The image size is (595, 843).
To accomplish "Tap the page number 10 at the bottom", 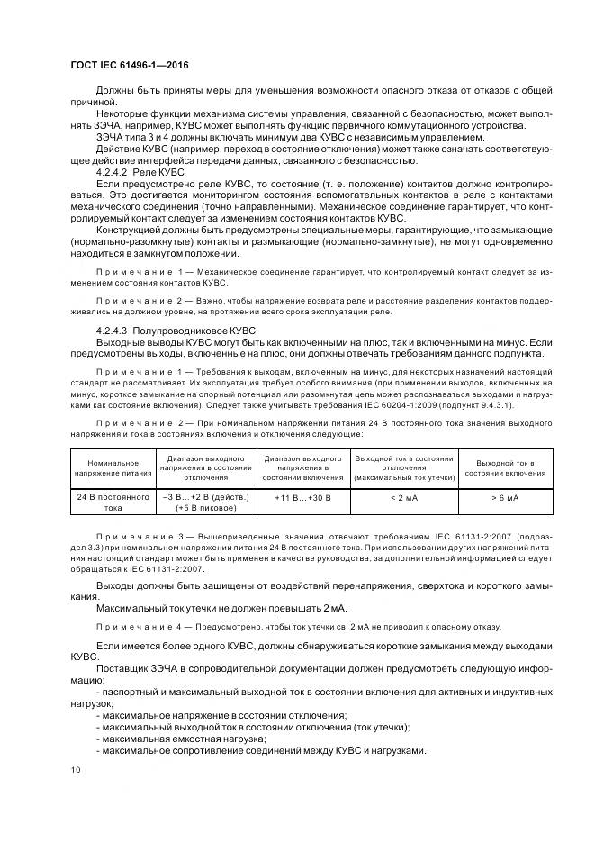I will coord(75,770).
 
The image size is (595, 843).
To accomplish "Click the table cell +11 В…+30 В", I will coord(302,496).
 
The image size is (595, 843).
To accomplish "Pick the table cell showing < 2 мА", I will coord(403,496).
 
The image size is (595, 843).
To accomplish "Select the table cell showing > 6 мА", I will coord(504,496).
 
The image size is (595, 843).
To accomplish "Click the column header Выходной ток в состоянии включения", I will coord(504,467).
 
